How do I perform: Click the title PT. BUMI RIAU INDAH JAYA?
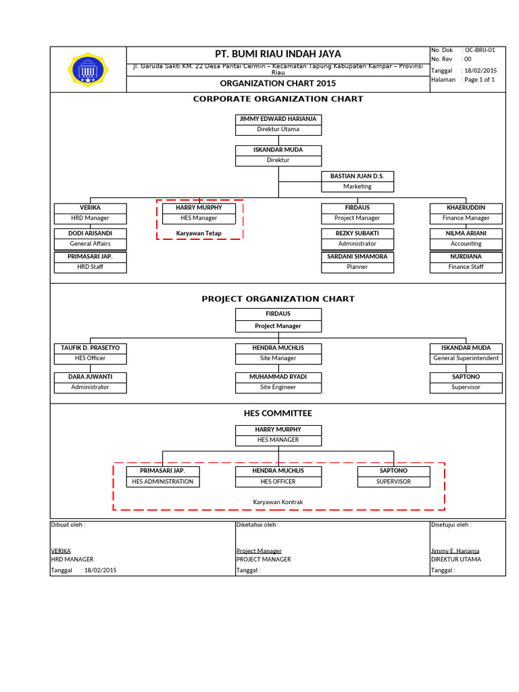coord(278,54)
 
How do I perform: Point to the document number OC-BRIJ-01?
coord(478,50)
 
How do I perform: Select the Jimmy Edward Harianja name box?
coord(278,119)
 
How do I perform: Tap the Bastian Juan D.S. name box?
coord(357,176)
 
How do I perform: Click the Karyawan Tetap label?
coord(199,233)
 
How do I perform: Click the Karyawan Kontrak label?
coord(278,501)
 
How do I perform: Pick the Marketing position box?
coord(357,187)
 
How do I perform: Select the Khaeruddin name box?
coord(466,207)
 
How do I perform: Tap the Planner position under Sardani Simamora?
coord(357,267)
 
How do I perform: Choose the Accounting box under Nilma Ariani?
coord(466,243)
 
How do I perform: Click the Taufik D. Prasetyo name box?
coord(90,347)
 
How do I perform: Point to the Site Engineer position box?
coord(278,387)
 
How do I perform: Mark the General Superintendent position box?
coord(466,358)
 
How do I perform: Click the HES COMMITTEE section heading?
coord(278,413)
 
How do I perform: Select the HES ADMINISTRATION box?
coord(162,482)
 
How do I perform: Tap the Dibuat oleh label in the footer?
coord(68,524)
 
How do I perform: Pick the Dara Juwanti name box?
coord(90,376)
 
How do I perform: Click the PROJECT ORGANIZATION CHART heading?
coord(278,299)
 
